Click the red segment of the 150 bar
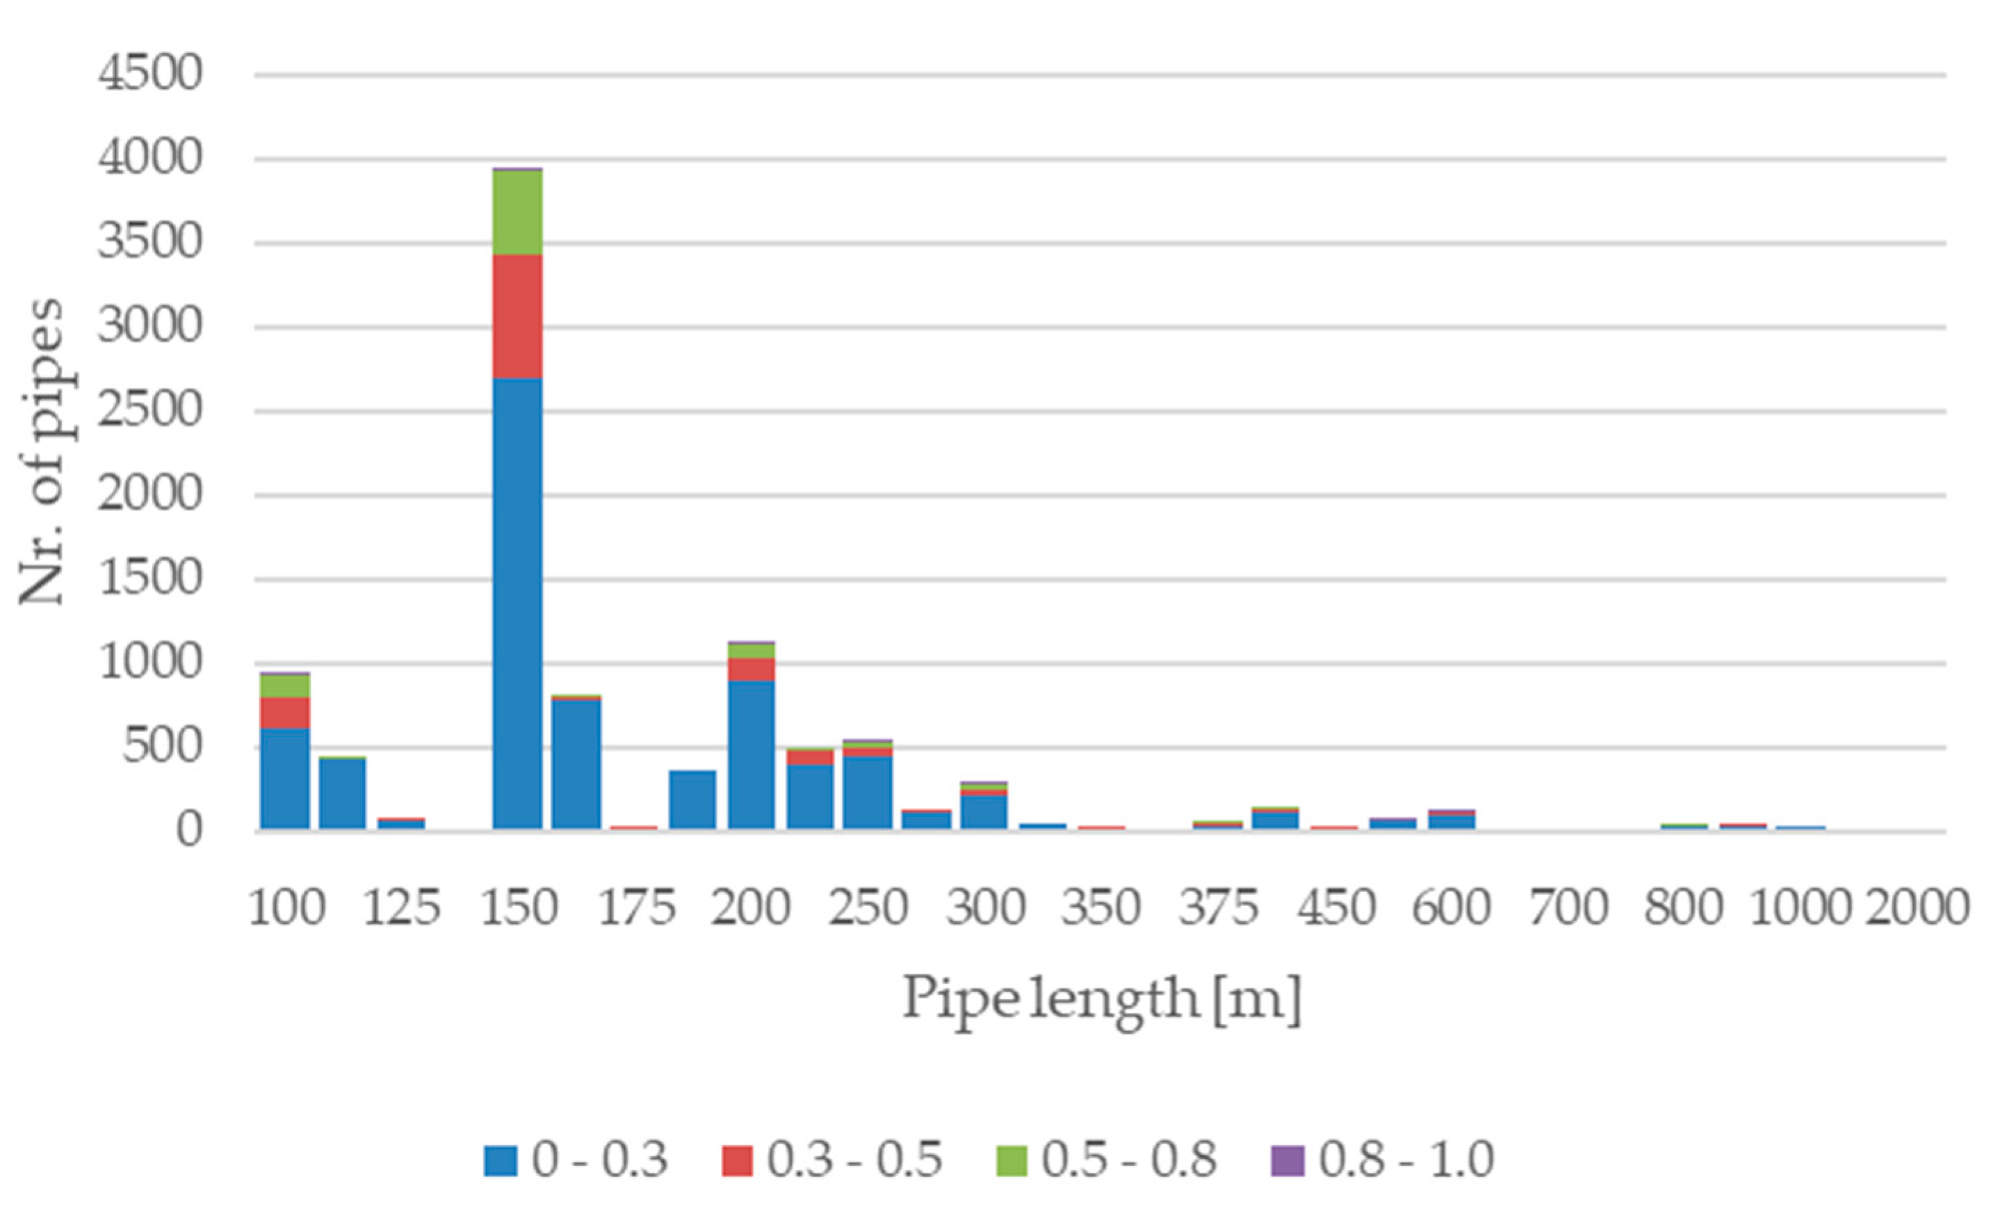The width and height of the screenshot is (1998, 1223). coord(517,316)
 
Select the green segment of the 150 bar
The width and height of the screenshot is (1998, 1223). coord(517,213)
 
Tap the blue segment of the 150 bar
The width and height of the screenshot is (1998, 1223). coord(517,604)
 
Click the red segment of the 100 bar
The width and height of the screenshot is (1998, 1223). coord(284,713)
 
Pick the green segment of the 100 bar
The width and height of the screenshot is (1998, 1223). coord(284,686)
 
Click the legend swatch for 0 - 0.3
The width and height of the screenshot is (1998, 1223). coord(501,1160)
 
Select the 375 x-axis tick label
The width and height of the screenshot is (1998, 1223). coord(1218,907)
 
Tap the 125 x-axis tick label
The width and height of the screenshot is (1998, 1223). coord(401,907)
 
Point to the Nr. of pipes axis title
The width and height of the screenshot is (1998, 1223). coord(40,452)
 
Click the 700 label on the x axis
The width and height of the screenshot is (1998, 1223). coord(1568,907)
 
